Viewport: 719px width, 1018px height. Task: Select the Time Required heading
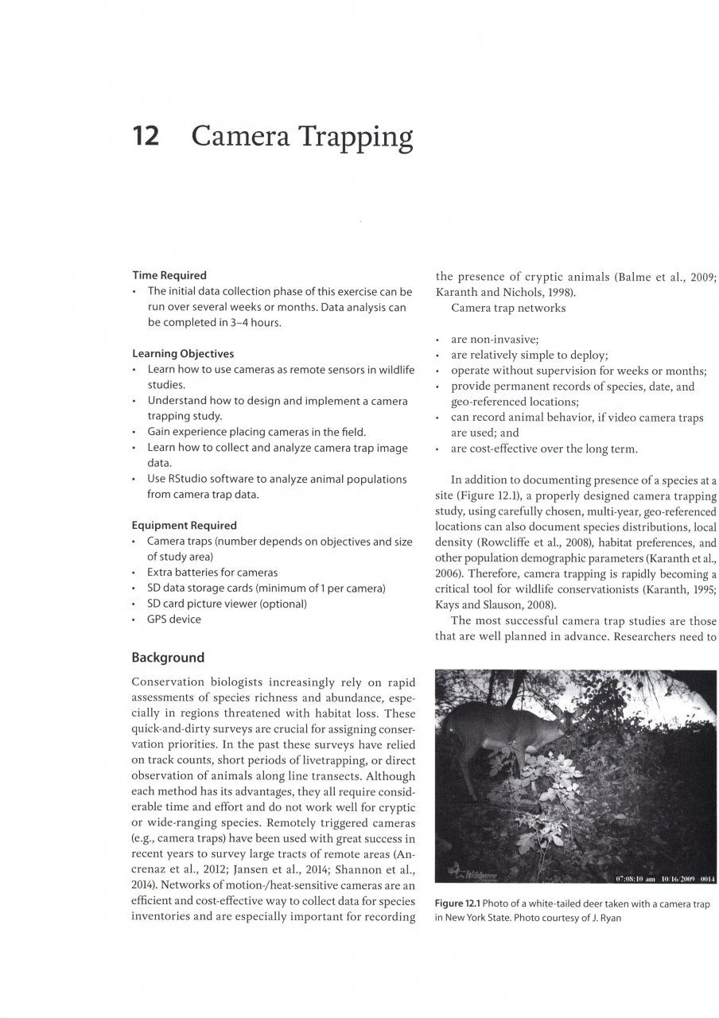169,276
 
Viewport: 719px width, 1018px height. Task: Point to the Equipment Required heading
184,526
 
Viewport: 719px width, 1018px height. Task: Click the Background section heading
168,658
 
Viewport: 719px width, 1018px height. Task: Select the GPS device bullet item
174,620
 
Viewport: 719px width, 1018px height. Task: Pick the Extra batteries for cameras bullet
212,573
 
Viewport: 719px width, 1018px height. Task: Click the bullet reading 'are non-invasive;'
495,339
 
